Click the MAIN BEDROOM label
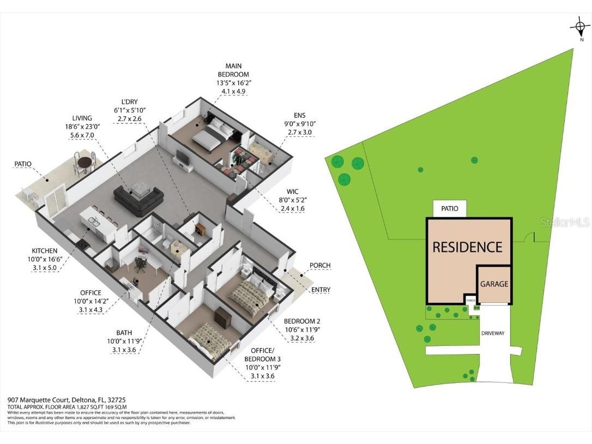233,70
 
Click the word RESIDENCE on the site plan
467,247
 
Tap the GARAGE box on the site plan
494,284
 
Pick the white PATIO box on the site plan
450,208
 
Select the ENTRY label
321,290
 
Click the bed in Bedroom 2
249,297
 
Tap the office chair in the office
141,264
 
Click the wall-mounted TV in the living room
182,159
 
